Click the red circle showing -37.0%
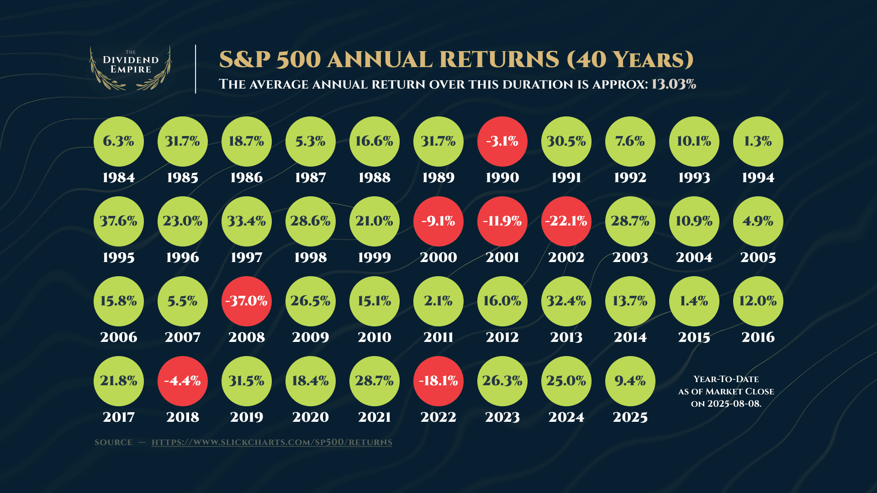click(x=247, y=301)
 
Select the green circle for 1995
click(x=119, y=221)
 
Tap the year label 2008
click(x=247, y=337)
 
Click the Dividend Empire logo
click(x=131, y=68)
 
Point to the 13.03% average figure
click(x=674, y=84)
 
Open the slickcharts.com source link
click(x=272, y=442)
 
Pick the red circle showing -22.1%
click(x=566, y=221)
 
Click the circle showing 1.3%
click(x=758, y=142)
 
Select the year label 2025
click(x=630, y=417)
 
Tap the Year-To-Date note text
click(x=726, y=391)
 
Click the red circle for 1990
click(x=502, y=142)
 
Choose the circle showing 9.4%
click(x=630, y=381)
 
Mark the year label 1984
click(x=119, y=178)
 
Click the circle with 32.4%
click(x=566, y=301)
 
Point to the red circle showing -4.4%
click(x=183, y=381)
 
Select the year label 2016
click(x=758, y=337)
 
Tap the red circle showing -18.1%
click(x=438, y=381)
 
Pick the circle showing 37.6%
click(x=119, y=221)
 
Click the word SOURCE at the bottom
click(x=113, y=442)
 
